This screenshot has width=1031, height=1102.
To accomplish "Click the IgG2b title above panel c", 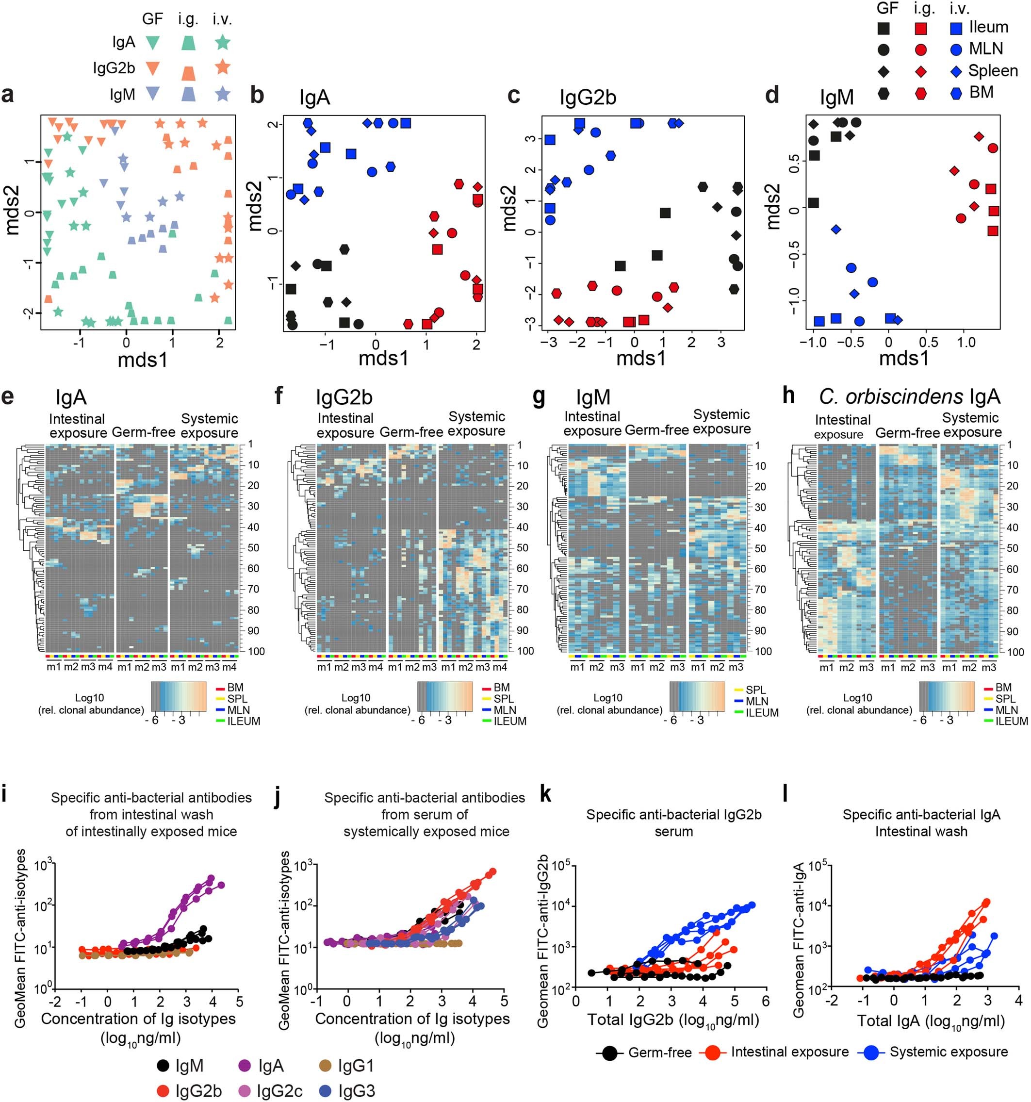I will pyautogui.click(x=588, y=98).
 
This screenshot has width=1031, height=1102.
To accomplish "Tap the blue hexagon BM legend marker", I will pyautogui.click(x=956, y=93).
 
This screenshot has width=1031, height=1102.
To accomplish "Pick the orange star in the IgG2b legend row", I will pyautogui.click(x=222, y=67).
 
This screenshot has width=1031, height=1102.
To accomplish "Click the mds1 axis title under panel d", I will pyautogui.click(x=903, y=359).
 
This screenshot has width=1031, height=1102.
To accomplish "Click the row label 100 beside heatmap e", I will pyautogui.click(x=256, y=651).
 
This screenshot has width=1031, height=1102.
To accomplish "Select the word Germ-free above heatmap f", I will pyautogui.click(x=411, y=432).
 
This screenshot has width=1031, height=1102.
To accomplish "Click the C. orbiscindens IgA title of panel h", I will pyautogui.click(x=909, y=396).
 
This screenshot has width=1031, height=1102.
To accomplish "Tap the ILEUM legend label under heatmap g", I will pyautogui.click(x=762, y=713).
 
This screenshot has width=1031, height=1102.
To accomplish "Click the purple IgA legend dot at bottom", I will pyautogui.click(x=245, y=1066).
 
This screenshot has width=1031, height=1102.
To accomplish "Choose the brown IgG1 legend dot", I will pyautogui.click(x=326, y=1066).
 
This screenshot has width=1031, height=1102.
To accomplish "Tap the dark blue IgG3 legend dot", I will pyautogui.click(x=326, y=1091).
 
